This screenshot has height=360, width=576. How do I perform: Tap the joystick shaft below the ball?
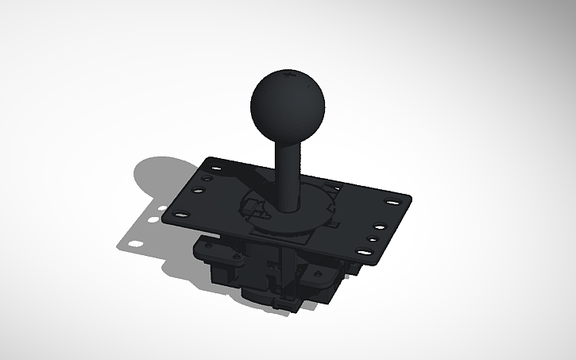288,171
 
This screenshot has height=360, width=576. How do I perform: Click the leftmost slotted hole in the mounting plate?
180,214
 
